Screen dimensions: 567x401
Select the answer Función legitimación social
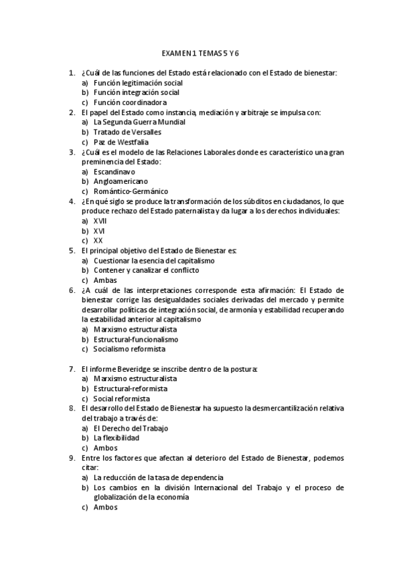(138, 82)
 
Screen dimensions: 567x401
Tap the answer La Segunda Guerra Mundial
(140, 122)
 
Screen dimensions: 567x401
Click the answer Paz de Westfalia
(121, 142)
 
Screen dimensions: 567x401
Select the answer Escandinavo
(114, 172)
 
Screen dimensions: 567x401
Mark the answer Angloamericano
(121, 181)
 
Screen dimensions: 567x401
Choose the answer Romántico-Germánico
(131, 191)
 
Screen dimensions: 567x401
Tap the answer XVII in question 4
(100, 221)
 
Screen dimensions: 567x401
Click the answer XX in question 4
(98, 241)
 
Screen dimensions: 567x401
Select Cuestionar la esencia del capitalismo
(154, 260)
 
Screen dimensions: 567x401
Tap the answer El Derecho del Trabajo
(131, 428)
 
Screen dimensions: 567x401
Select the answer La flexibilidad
(116, 438)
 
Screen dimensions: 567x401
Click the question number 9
(72, 457)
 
